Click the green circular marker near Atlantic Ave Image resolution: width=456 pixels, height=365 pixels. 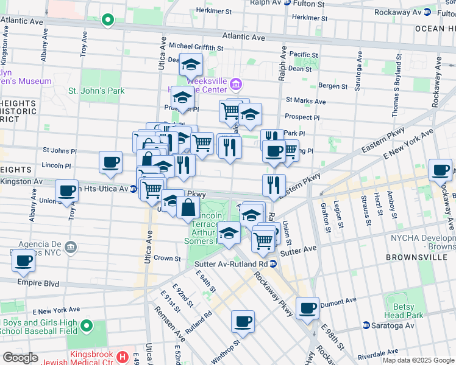click(108, 20)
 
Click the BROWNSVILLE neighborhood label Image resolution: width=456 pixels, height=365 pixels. click(415, 257)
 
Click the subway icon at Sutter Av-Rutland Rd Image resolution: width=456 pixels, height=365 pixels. click(273, 263)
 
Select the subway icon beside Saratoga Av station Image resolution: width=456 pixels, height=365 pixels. click(366, 325)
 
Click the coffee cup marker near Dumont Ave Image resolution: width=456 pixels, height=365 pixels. click(308, 308)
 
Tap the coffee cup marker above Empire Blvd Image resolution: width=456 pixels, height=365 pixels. click(24, 261)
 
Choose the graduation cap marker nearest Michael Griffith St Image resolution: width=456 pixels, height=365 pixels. click(191, 64)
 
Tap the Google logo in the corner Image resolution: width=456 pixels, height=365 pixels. click(20, 358)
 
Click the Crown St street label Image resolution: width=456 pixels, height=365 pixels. click(167, 258)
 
